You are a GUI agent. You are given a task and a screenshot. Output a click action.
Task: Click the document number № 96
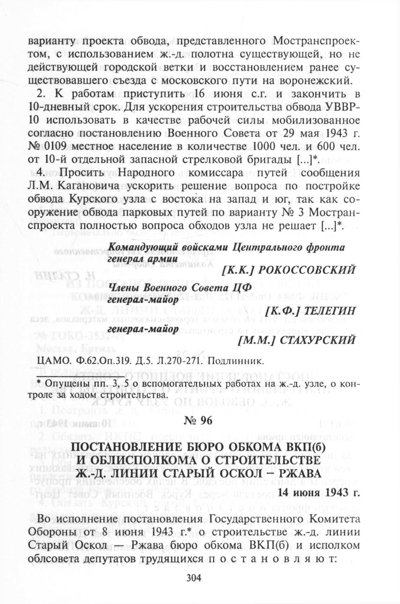click(x=198, y=421)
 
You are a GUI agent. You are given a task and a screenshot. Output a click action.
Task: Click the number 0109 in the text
click(x=56, y=146)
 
